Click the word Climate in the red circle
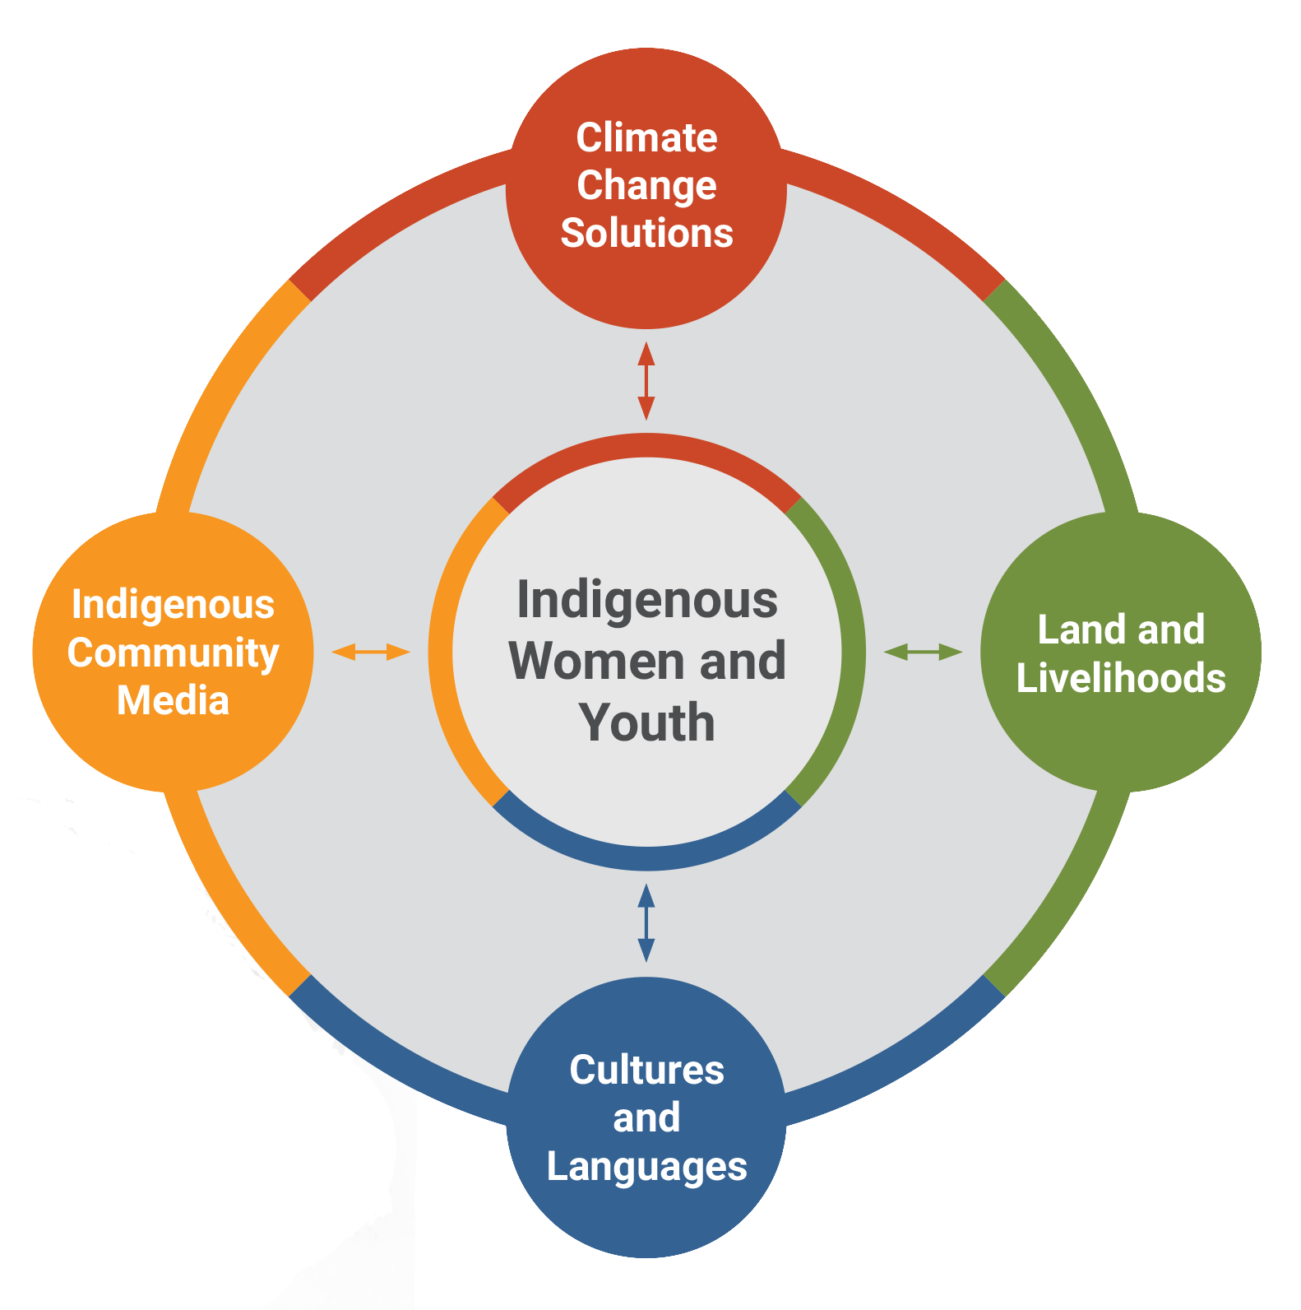point(646,137)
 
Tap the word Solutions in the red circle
point(646,234)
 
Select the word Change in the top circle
point(646,186)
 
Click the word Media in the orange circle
point(173,701)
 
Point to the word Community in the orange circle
point(173,653)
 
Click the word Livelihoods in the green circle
point(1121,678)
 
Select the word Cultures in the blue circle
point(646,1071)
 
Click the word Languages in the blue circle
point(646,1167)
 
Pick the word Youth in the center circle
point(646,722)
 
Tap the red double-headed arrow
point(646,381)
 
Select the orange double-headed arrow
point(370,653)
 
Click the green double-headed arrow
point(923,653)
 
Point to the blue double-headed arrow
point(646,922)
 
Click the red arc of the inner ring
point(646,445)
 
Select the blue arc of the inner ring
point(646,858)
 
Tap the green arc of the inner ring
point(853,653)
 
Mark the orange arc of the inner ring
point(441,653)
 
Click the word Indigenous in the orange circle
point(173,605)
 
